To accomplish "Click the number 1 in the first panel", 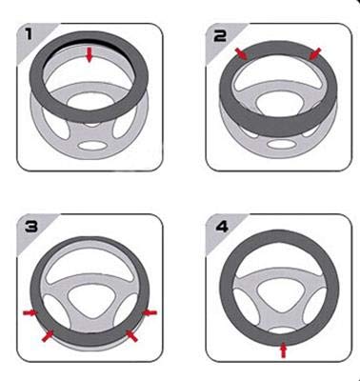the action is point(29,34).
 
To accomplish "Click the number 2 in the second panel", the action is point(220,35).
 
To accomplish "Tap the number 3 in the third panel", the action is point(31,226).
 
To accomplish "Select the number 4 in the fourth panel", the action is point(222,227).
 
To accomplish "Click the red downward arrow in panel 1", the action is point(90,54).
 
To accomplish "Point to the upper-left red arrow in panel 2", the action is point(241,53).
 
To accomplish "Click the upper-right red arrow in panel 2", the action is point(314,53).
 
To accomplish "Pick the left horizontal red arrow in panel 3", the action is point(30,313).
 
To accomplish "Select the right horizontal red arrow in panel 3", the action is point(150,313).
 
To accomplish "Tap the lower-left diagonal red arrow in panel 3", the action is point(48,336).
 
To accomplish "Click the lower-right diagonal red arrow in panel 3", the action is point(131,336).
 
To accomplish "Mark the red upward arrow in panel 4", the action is point(284,351).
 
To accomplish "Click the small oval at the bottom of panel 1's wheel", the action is point(92,146).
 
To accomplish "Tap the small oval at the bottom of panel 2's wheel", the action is point(280,144).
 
